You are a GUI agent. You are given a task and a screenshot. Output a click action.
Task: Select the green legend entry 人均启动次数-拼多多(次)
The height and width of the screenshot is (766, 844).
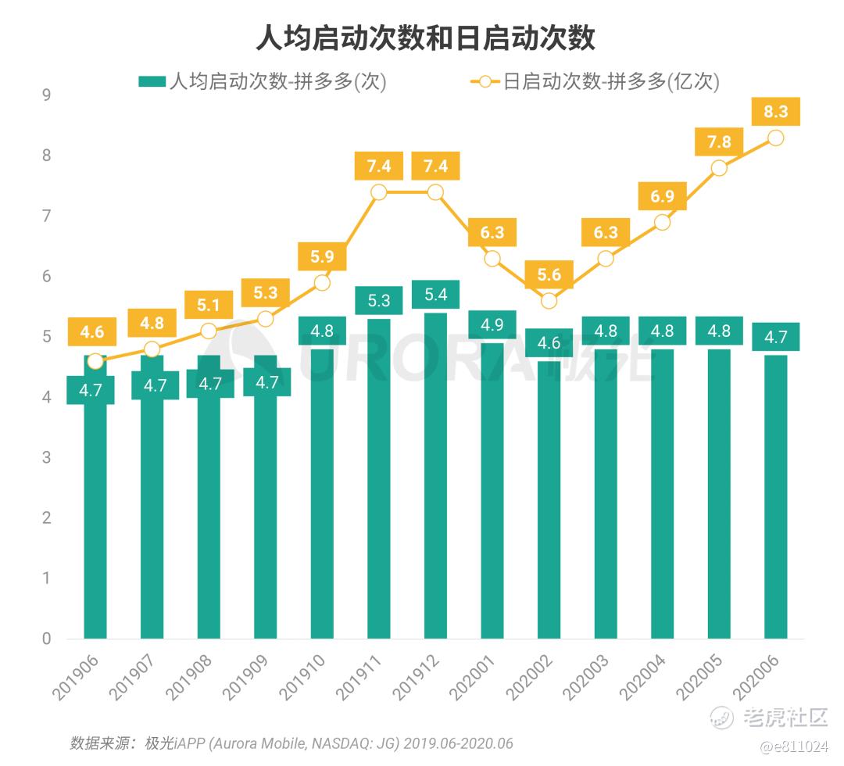(262, 81)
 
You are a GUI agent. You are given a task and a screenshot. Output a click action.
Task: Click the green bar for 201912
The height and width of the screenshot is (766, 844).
(435, 485)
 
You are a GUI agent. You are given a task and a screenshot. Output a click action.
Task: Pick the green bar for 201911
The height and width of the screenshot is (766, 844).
(378, 485)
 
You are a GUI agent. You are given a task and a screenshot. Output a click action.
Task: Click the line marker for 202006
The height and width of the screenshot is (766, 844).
(775, 138)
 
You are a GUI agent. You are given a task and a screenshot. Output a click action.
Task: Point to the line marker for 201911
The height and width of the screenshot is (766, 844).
(378, 192)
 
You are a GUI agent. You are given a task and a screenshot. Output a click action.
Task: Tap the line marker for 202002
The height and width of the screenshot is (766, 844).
(549, 301)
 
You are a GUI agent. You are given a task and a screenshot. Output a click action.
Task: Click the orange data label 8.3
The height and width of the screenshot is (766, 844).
(775, 113)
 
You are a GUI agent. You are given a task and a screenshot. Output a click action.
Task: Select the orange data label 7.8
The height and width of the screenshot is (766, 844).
(719, 141)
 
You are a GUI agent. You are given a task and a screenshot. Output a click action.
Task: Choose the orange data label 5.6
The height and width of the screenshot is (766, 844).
(549, 274)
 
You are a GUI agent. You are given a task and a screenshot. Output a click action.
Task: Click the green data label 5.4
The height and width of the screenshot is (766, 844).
(435, 295)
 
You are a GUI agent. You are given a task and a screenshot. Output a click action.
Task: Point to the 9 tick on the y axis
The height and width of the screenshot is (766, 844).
(46, 95)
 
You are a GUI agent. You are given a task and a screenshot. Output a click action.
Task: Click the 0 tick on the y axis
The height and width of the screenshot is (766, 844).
(46, 639)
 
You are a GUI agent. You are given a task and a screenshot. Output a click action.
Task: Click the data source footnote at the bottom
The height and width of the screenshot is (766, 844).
(291, 743)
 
